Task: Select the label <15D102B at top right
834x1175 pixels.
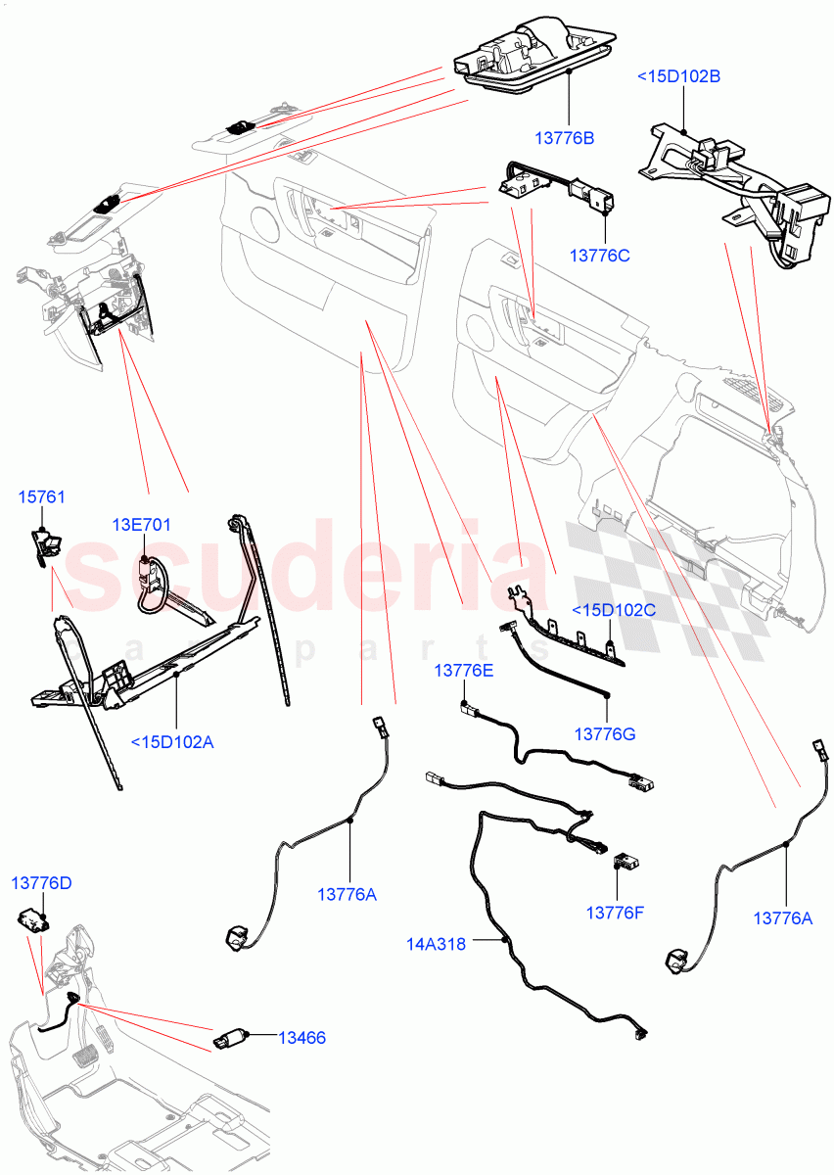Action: (x=678, y=75)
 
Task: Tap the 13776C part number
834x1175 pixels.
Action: (x=599, y=256)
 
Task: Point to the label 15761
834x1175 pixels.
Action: (x=42, y=497)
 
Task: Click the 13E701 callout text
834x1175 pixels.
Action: (x=141, y=525)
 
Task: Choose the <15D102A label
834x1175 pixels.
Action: (x=172, y=741)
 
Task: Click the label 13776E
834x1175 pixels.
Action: (x=464, y=671)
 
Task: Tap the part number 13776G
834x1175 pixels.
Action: (x=605, y=733)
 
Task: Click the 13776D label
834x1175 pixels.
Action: (x=41, y=883)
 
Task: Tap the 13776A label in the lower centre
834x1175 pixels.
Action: (x=347, y=894)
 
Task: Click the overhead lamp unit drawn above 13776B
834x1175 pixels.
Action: (x=534, y=55)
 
